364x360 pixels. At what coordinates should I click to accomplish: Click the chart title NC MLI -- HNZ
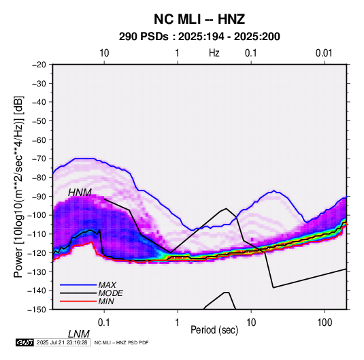click(x=199, y=19)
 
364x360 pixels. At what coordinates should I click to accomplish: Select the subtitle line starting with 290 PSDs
click(x=199, y=37)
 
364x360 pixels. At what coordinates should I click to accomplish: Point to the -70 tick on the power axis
click(x=39, y=159)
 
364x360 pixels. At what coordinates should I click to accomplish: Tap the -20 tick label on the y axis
click(x=39, y=65)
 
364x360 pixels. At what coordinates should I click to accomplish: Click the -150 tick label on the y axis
click(x=37, y=310)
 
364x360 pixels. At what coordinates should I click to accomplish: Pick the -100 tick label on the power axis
click(x=37, y=215)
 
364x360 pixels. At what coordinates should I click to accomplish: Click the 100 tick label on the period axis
click(x=325, y=323)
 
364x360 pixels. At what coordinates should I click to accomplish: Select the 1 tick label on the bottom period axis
click(x=178, y=323)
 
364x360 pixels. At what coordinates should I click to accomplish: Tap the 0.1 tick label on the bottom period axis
click(x=104, y=323)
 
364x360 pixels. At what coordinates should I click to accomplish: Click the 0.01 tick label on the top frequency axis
click(x=324, y=53)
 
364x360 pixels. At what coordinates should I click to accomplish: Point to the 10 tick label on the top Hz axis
click(x=104, y=53)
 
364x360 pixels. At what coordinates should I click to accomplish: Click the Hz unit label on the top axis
click(x=214, y=53)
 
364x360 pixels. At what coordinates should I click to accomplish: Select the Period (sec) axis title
click(x=214, y=330)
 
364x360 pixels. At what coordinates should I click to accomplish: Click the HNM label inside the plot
click(x=80, y=193)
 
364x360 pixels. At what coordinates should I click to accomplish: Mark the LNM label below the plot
click(x=79, y=334)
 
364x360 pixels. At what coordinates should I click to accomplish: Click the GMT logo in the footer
click(x=24, y=342)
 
